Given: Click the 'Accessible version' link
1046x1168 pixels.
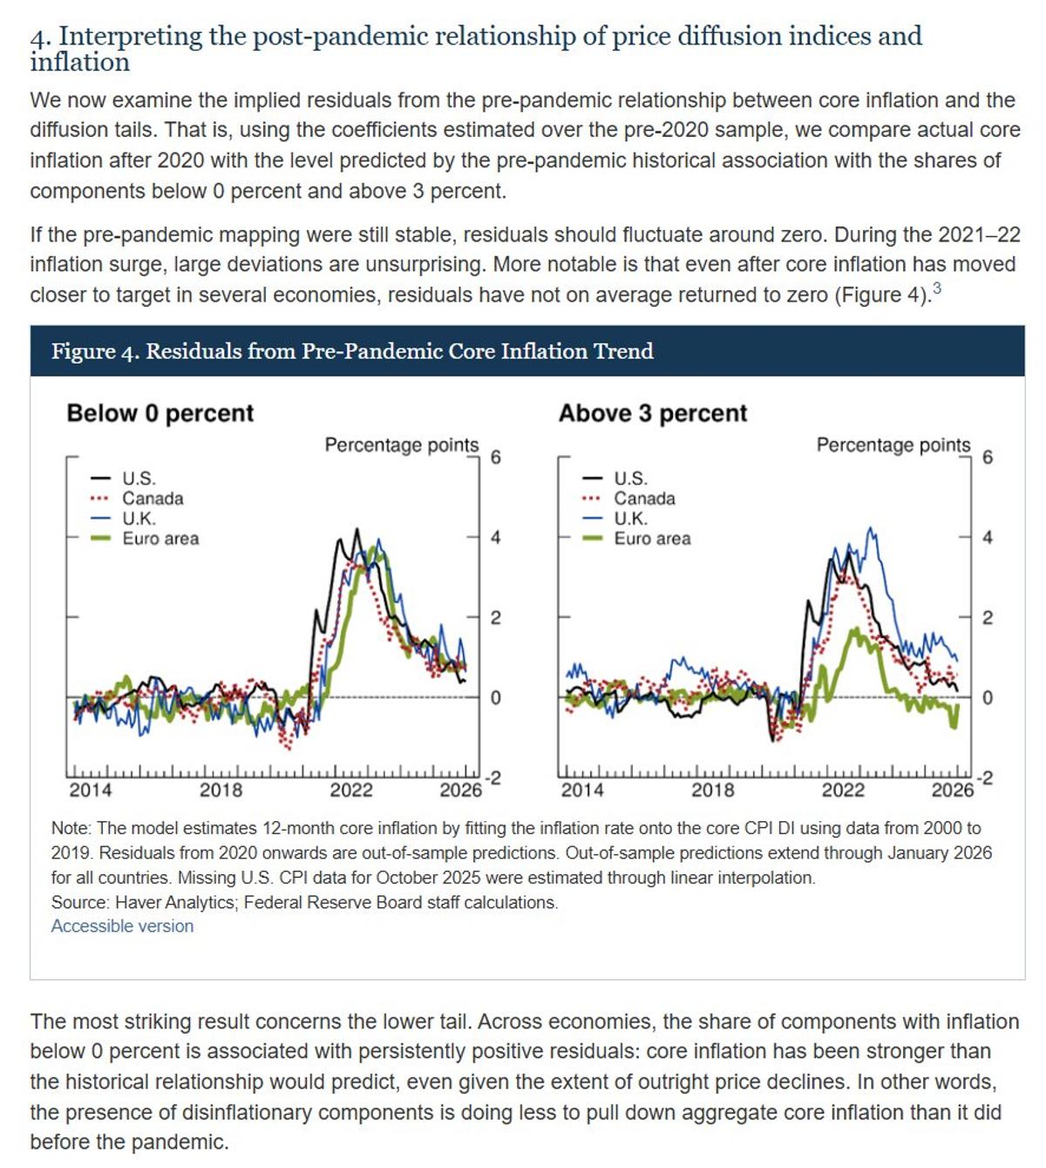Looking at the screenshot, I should pyautogui.click(x=122, y=926).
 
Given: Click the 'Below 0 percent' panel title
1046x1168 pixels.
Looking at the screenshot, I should pyautogui.click(x=160, y=412).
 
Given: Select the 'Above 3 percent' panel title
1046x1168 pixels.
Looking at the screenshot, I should pyautogui.click(x=652, y=412).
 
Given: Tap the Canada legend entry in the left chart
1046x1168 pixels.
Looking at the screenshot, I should pyautogui.click(x=152, y=499).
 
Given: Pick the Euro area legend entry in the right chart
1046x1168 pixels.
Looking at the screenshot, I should pyautogui.click(x=651, y=539).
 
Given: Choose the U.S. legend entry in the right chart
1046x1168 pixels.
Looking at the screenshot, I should pyautogui.click(x=629, y=479).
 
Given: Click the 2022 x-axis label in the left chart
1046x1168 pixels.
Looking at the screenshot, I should pyautogui.click(x=350, y=791).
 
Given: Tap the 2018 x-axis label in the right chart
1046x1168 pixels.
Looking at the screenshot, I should pyautogui.click(x=712, y=791).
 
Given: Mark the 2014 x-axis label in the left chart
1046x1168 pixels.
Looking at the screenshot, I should pyautogui.click(x=91, y=791).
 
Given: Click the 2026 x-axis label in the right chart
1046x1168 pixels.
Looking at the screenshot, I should pyautogui.click(x=952, y=791).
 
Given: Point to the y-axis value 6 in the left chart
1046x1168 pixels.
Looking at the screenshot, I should pyautogui.click(x=495, y=458).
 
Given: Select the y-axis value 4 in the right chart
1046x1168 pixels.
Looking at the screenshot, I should pyautogui.click(x=987, y=538).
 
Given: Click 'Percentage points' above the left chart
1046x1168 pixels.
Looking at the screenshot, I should pyautogui.click(x=401, y=445).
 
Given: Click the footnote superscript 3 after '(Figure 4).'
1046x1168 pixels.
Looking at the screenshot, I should pyautogui.click(x=936, y=289).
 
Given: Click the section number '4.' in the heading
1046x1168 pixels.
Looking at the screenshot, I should pyautogui.click(x=41, y=37).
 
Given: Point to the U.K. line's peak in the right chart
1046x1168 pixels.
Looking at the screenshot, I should pyautogui.click(x=869, y=528).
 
